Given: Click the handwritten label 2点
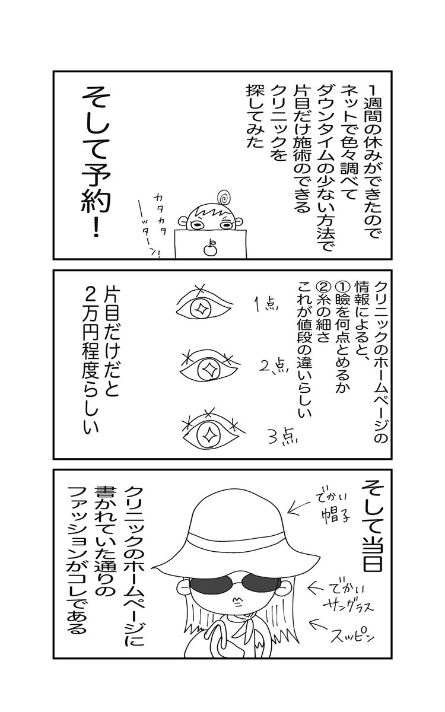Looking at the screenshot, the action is click(x=274, y=367).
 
